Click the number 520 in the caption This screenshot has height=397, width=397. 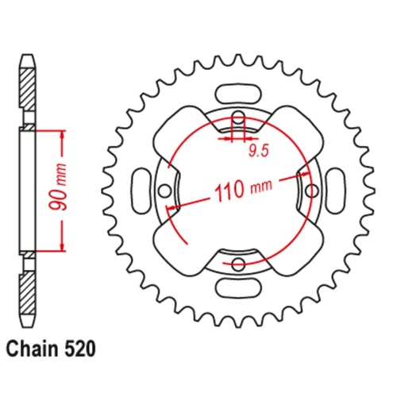pyautogui.click(x=82, y=350)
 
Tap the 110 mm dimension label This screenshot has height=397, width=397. pyautogui.click(x=237, y=191)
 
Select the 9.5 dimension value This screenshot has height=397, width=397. pyautogui.click(x=255, y=147)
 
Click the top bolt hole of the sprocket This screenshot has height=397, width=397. pyautogui.click(x=237, y=120)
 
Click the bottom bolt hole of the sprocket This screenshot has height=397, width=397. pyautogui.click(x=237, y=263)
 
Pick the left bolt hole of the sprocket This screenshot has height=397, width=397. pyautogui.click(x=165, y=191)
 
